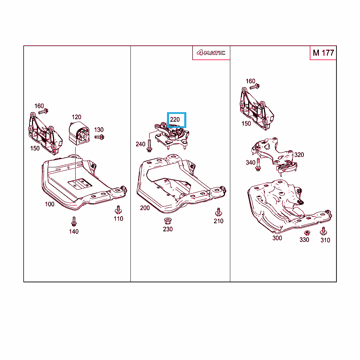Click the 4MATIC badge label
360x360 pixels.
[x=211, y=53]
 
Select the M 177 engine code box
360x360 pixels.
[x=323, y=53]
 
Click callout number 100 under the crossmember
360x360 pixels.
[x=50, y=204]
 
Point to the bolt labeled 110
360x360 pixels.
[x=118, y=210]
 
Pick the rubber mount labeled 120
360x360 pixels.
[x=79, y=133]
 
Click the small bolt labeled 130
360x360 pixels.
[x=99, y=137]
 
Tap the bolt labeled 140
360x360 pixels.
[x=74, y=221]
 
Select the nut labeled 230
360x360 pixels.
[x=168, y=221]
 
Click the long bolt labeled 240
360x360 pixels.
[x=149, y=146]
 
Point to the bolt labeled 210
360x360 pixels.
[x=218, y=212]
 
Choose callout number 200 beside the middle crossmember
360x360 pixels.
[x=145, y=208]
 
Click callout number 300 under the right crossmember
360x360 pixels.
[x=277, y=238]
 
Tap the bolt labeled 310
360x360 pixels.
[x=323, y=231]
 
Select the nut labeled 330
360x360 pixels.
[x=307, y=233]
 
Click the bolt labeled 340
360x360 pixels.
[x=258, y=165]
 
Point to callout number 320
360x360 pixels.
[x=299, y=155]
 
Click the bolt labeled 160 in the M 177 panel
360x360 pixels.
[x=255, y=87]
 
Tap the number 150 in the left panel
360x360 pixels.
[x=35, y=148]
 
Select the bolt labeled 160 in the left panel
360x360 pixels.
[x=43, y=111]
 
